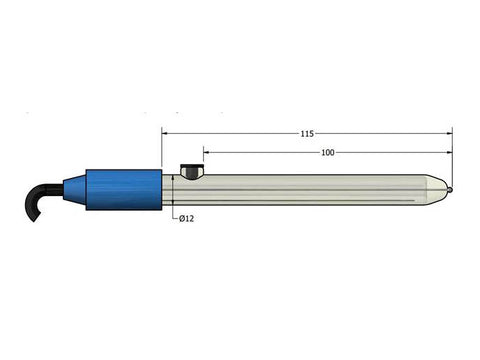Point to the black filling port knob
(190, 171)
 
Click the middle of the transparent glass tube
(310, 189)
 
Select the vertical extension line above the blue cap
(162, 148)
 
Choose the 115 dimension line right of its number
(380, 132)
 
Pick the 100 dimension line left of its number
(260, 152)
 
